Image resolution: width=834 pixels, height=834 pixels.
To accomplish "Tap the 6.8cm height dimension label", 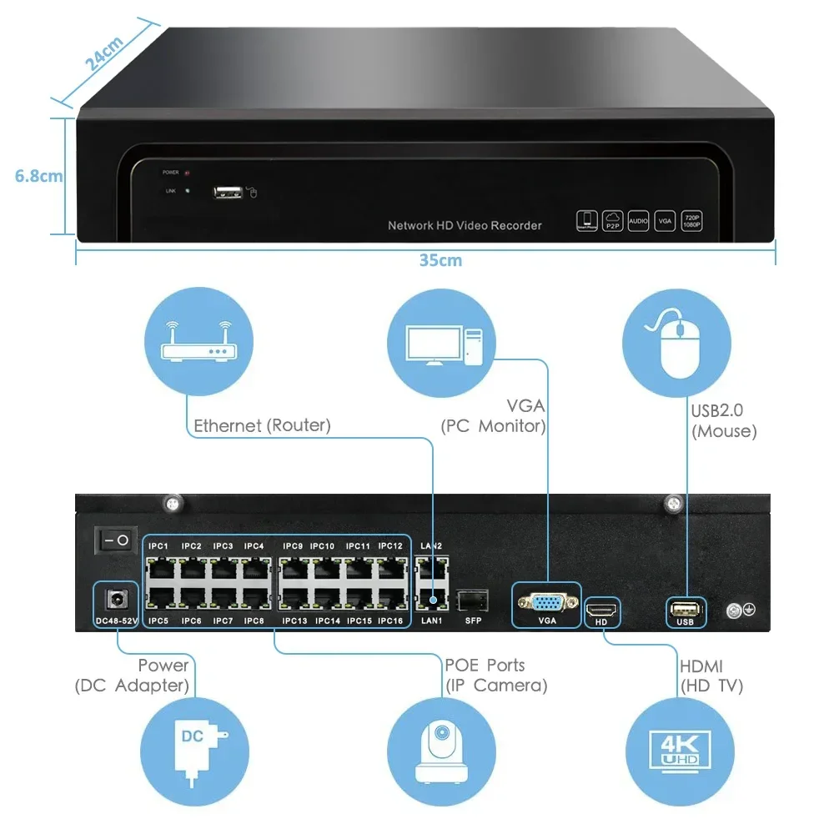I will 38,176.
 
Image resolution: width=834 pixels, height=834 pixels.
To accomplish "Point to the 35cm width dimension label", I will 440,260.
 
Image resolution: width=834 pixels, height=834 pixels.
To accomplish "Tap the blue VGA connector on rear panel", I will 547,602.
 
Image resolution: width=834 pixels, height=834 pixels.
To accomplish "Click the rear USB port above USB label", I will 685,608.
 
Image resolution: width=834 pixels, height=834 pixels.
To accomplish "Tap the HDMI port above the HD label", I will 601,608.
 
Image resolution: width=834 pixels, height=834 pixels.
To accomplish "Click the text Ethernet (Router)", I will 262,425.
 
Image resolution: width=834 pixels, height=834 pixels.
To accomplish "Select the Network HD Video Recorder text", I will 465,225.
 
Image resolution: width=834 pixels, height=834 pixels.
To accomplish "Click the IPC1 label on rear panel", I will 158,546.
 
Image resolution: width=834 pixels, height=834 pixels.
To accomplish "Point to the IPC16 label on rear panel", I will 390,621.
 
